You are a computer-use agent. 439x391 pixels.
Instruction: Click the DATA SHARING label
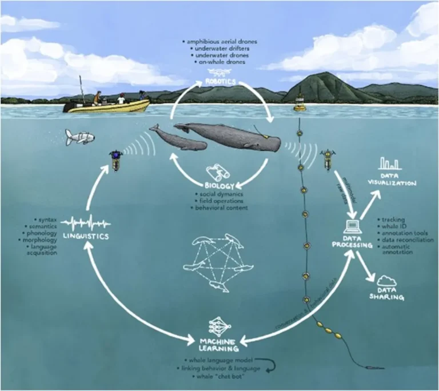click(387, 294)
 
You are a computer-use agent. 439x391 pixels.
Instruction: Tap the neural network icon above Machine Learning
click(219, 325)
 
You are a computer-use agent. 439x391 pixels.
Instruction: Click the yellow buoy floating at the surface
click(300, 103)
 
